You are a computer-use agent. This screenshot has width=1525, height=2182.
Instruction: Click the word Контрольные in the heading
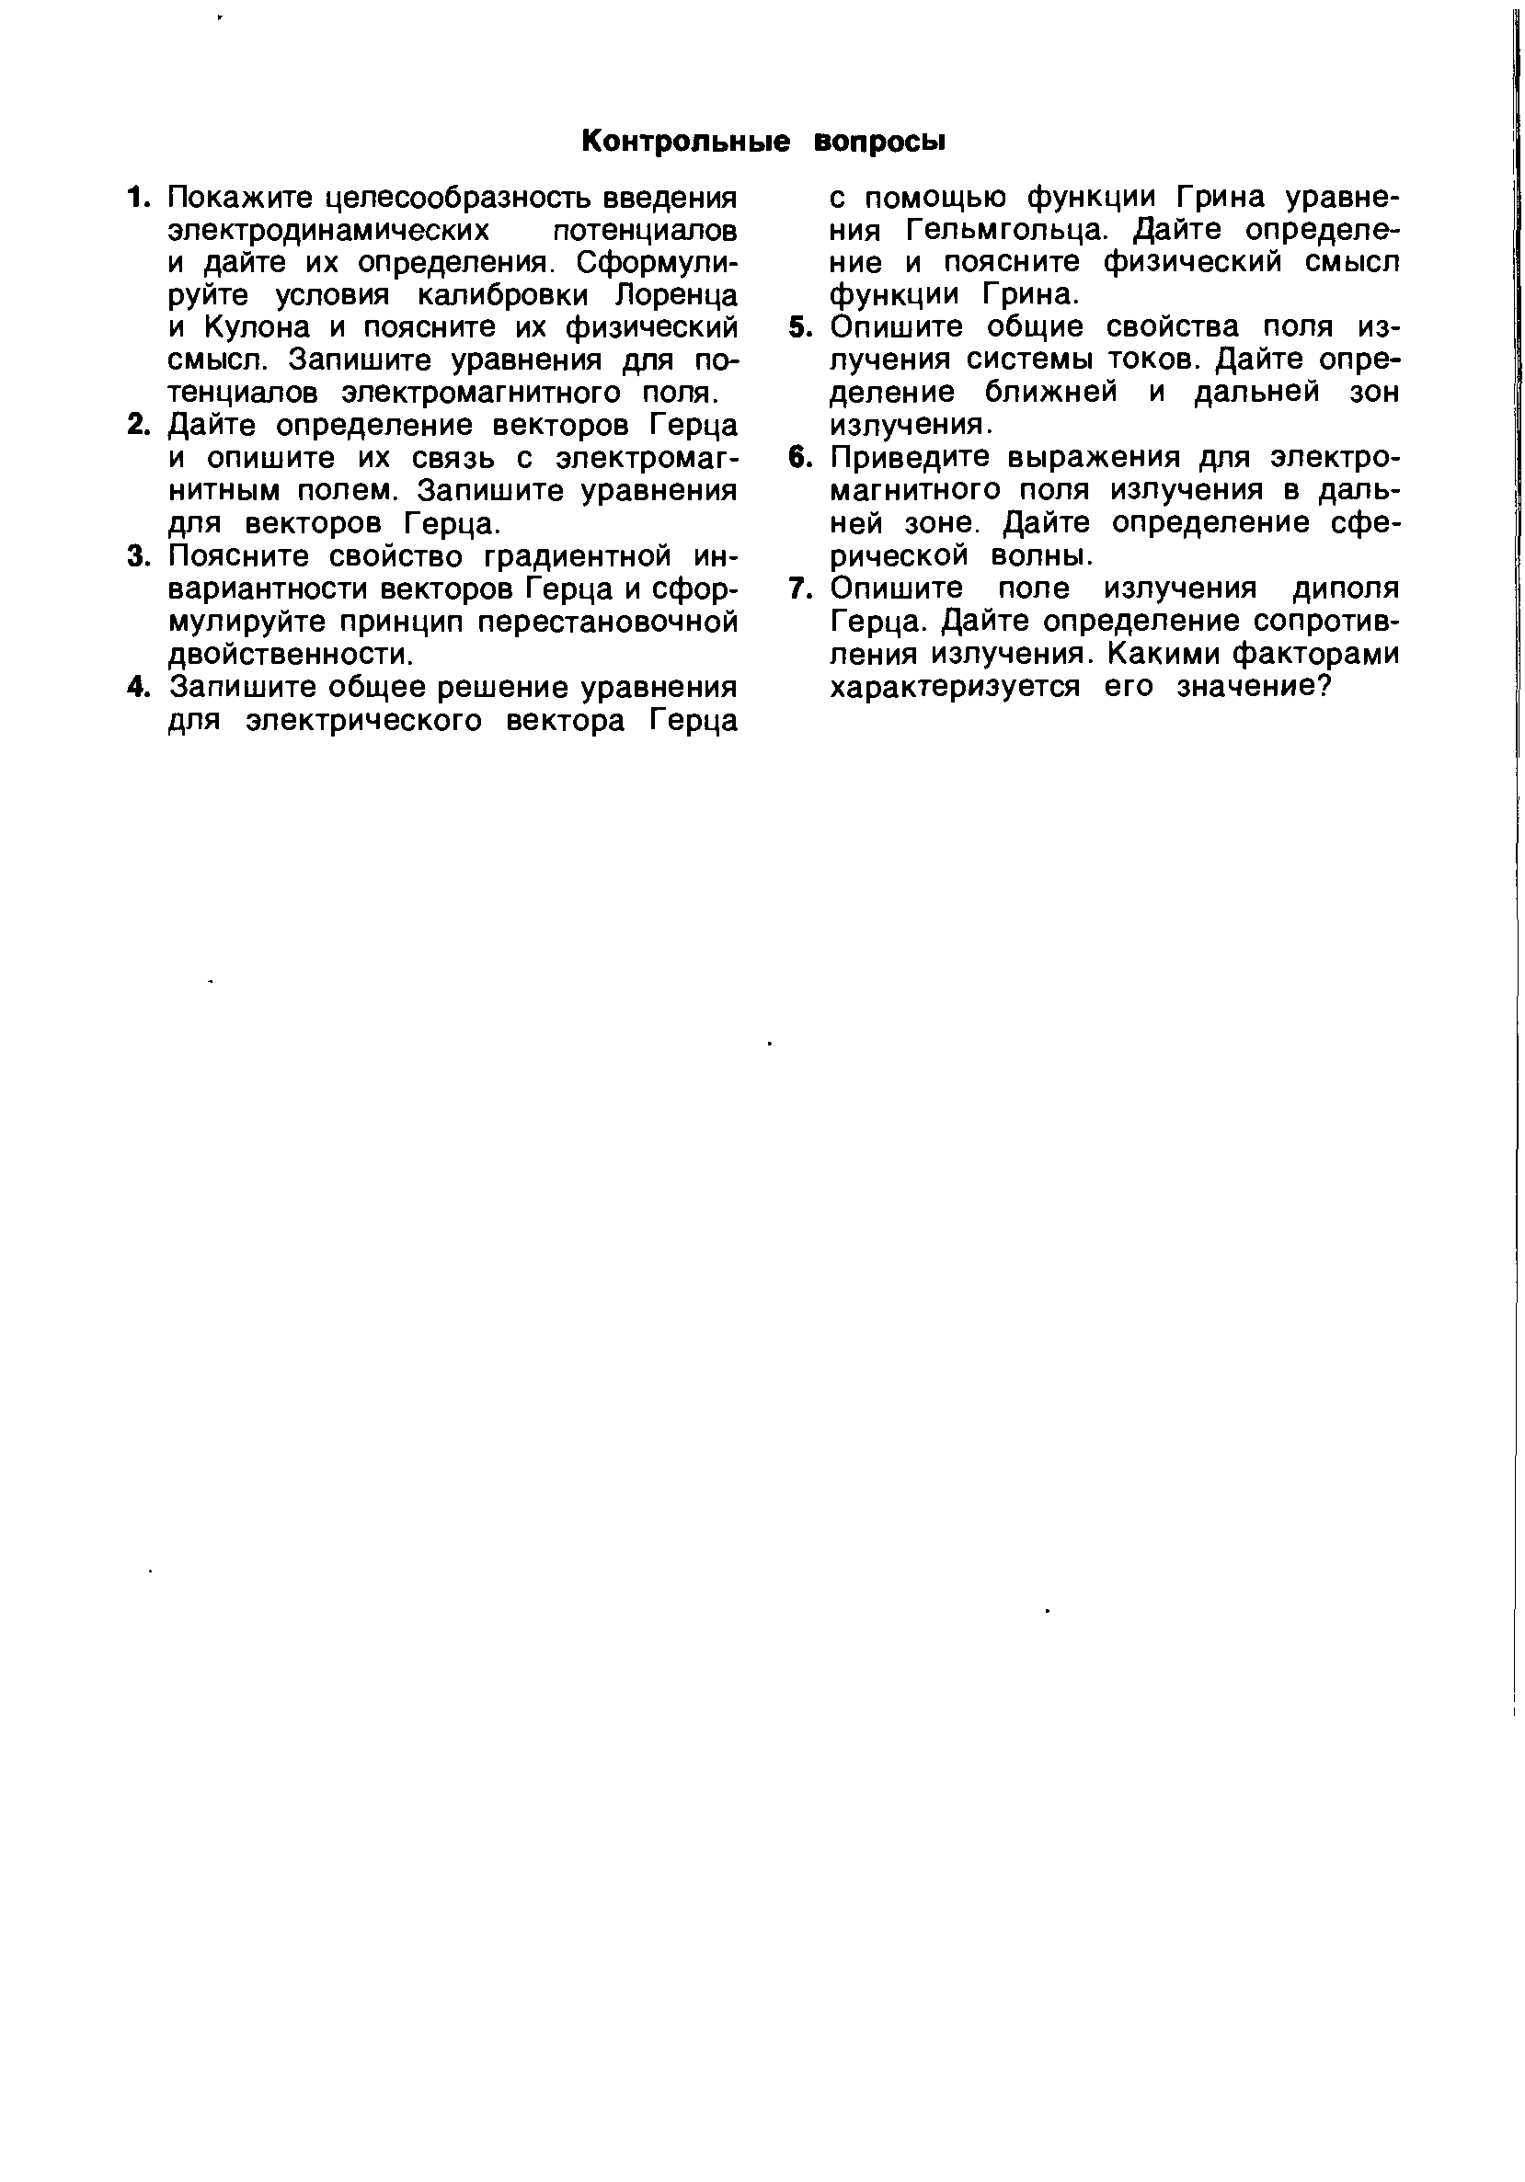point(684,141)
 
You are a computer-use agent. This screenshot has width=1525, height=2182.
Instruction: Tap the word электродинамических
point(328,230)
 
